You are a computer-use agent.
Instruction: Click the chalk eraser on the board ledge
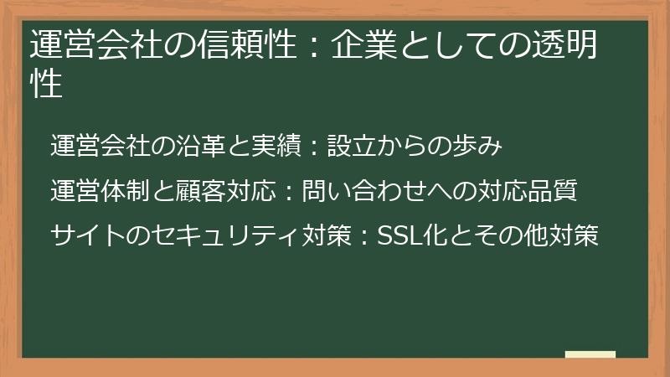click(x=590, y=354)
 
